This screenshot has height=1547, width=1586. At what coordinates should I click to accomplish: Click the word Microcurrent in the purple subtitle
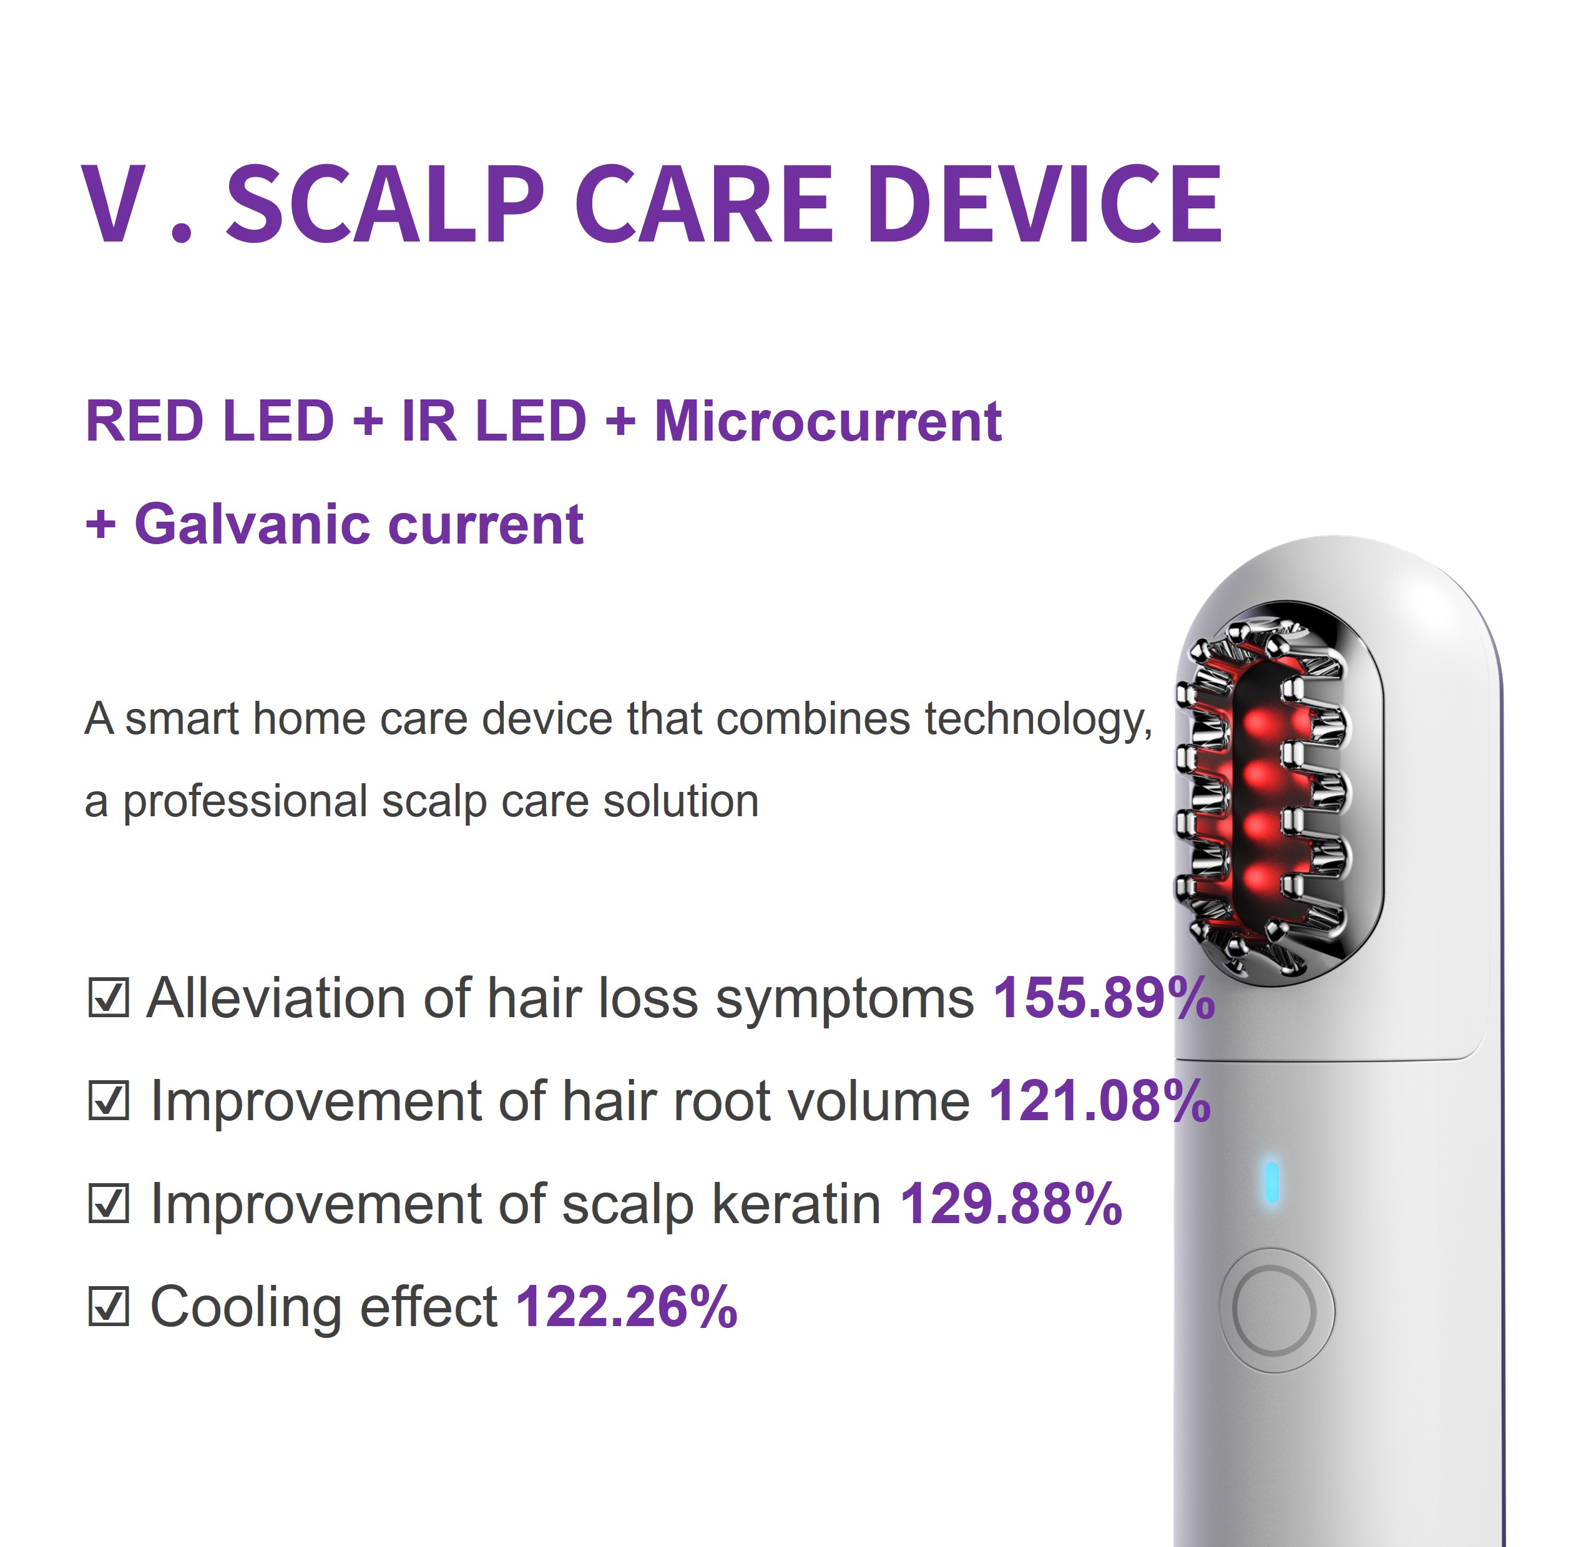827,422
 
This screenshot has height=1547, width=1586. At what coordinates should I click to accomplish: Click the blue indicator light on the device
1271,1182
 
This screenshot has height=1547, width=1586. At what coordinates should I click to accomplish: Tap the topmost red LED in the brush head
1258,721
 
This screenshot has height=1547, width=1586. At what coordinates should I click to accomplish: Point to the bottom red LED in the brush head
1258,878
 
